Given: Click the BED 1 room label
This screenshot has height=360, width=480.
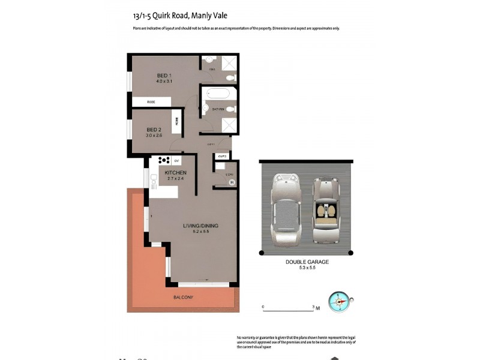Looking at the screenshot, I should pos(156,75).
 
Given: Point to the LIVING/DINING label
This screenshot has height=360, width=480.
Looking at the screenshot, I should pos(200,226).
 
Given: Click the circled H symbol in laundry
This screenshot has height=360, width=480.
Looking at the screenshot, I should pos(231,182).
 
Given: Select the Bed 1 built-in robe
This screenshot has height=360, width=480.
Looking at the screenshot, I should pos(151,103).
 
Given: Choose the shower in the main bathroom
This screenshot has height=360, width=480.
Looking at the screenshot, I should pos(229,125).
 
